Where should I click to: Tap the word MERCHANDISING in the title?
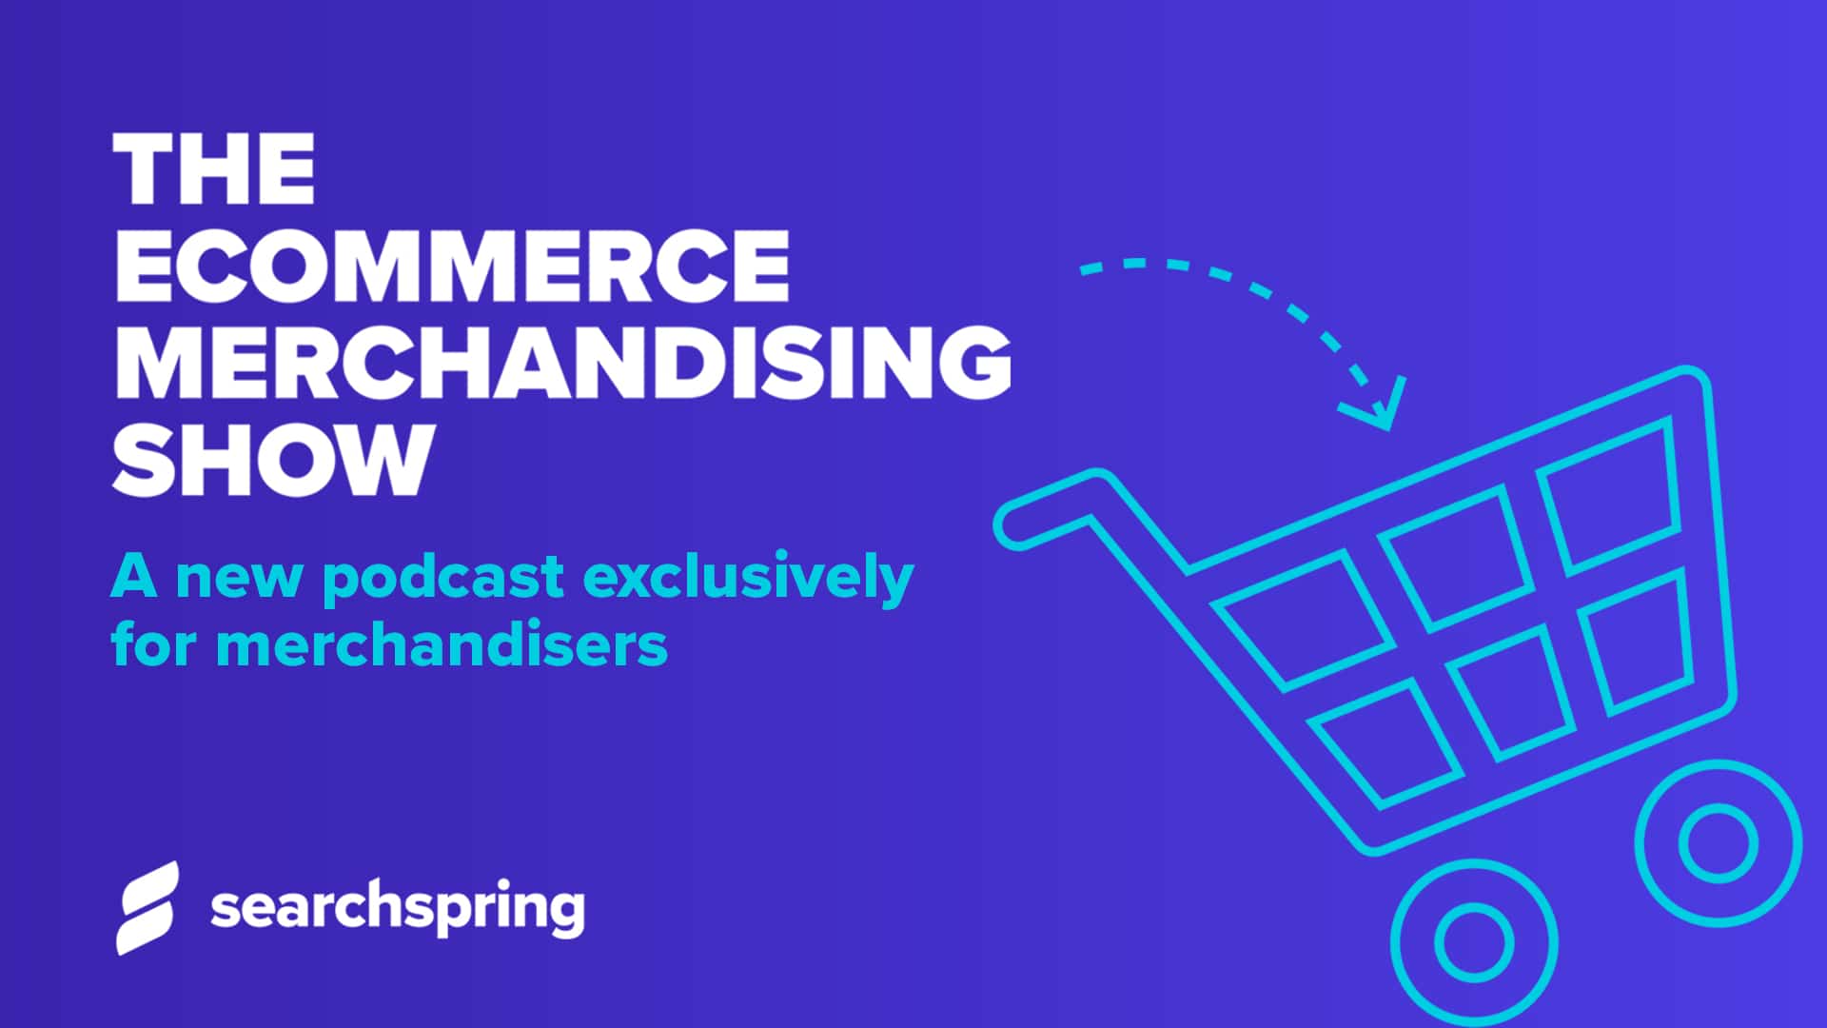pos(561,362)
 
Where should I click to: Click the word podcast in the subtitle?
pos(443,579)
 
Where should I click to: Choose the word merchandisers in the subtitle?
pos(442,644)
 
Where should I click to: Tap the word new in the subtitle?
pos(238,579)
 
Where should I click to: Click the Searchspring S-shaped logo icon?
pos(147,907)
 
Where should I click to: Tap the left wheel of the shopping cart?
pos(1474,940)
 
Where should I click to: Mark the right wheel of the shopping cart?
pos(1719,843)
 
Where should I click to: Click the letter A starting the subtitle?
pos(134,577)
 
